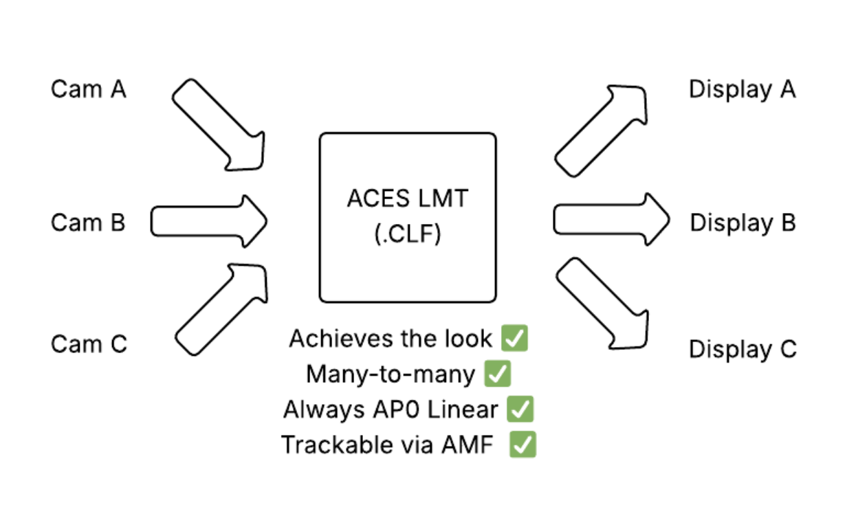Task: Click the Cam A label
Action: point(89,89)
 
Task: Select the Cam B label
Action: point(88,223)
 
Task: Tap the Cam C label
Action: point(89,343)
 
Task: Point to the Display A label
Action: point(742,89)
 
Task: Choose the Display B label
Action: point(742,223)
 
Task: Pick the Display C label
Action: point(742,349)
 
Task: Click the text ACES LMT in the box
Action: point(407,199)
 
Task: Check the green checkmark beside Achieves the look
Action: point(514,338)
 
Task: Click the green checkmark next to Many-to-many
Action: point(497,374)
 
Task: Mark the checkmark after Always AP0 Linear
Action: point(520,409)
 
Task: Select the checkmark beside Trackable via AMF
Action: point(522,444)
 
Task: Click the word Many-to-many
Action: point(390,374)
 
